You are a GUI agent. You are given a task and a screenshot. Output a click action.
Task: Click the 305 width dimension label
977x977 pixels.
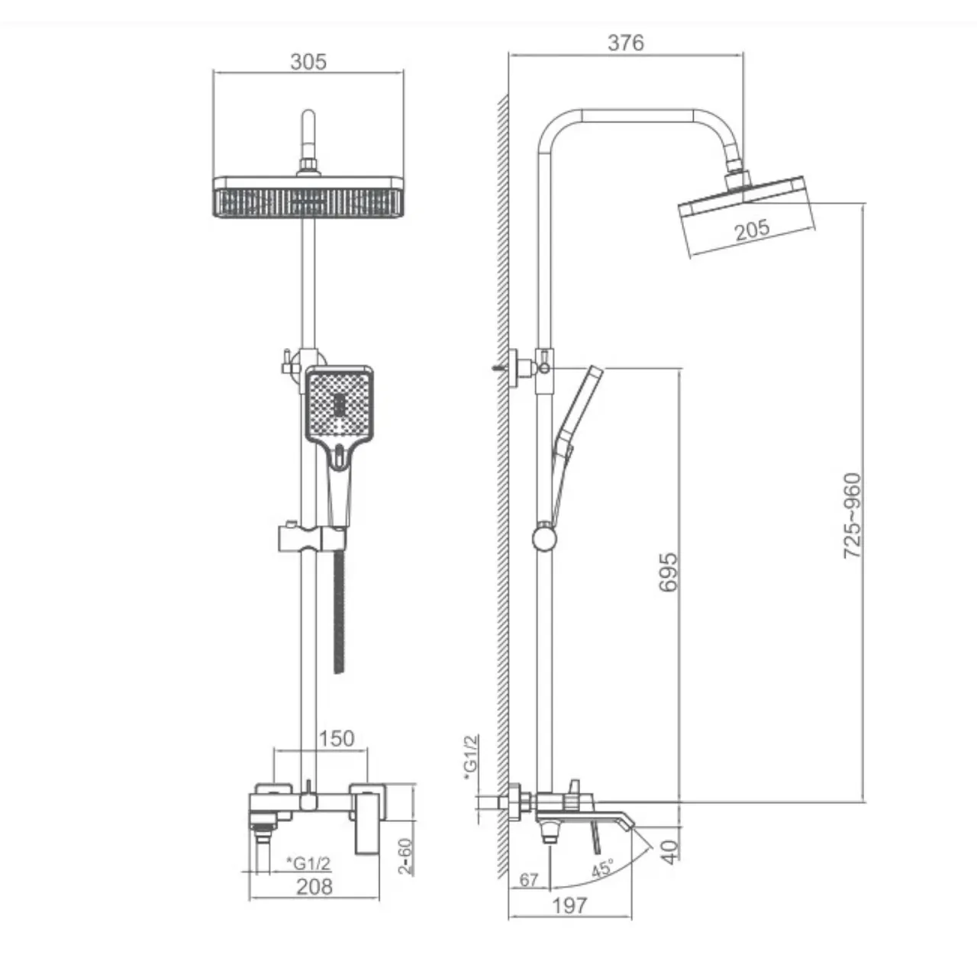(x=308, y=62)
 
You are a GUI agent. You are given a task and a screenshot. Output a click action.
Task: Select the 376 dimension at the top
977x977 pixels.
(x=626, y=43)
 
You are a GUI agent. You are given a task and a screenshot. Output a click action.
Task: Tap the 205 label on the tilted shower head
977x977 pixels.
(x=752, y=230)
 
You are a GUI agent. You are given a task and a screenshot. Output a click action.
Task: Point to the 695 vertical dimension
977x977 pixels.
(x=668, y=572)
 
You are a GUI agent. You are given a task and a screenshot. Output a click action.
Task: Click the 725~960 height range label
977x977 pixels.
(x=853, y=516)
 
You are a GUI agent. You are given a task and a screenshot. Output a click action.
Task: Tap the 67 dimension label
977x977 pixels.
(x=529, y=879)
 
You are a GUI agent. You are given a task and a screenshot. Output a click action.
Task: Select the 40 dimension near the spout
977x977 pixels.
(x=669, y=853)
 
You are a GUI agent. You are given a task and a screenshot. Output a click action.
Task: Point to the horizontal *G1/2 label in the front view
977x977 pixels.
(x=309, y=863)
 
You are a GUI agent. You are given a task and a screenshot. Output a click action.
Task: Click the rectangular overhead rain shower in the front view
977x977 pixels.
(x=308, y=197)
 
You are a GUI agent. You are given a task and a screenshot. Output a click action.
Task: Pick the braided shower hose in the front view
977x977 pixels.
(x=339, y=612)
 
